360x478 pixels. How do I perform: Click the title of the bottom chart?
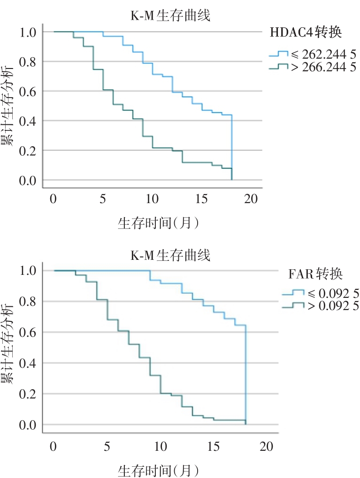pos(170,256)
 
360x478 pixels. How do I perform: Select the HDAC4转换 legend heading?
pos(306,33)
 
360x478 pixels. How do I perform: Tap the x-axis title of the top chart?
pos(158,223)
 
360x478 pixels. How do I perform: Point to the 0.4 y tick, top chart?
pos(28,121)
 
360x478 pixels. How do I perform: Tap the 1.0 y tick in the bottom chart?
pos(28,271)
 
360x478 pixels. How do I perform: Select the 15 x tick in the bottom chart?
pos(214,446)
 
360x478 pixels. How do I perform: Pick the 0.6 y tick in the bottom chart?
pos(28,332)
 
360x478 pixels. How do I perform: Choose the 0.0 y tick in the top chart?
pos(28,180)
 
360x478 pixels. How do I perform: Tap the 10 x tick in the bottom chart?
pos(161,446)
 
